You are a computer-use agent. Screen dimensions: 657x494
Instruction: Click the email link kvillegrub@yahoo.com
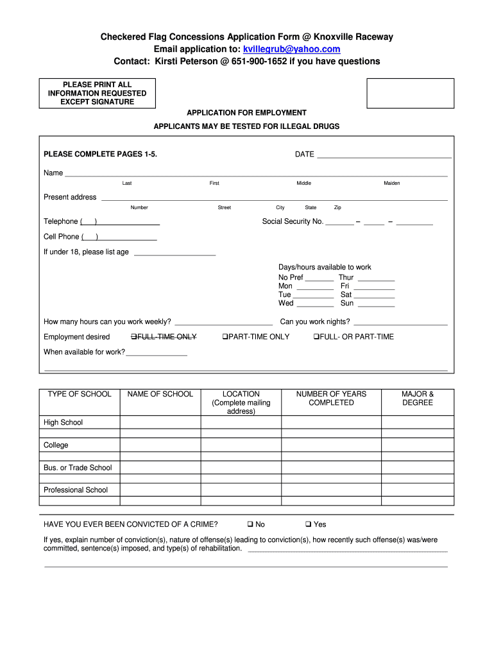click(x=291, y=49)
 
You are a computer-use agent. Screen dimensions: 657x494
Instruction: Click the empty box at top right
click(x=410, y=93)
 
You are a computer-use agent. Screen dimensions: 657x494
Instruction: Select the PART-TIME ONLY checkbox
click(x=225, y=337)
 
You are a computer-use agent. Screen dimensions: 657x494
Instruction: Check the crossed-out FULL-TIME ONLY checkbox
click(x=133, y=337)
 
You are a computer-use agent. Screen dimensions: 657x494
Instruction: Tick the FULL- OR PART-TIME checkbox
click(x=316, y=337)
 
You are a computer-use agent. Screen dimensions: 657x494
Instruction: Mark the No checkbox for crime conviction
click(x=250, y=524)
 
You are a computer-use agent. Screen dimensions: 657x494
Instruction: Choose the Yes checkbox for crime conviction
click(x=309, y=524)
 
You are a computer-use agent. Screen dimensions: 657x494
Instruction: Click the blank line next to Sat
click(x=375, y=295)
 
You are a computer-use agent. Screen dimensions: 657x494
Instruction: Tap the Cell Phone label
click(x=62, y=237)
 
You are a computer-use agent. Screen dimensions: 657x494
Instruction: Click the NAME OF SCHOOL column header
click(x=160, y=394)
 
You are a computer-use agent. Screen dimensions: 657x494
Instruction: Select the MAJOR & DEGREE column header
click(x=418, y=398)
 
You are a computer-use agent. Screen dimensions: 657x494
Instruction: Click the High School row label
click(x=63, y=422)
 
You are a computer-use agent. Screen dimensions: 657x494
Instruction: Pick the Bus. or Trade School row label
click(x=78, y=468)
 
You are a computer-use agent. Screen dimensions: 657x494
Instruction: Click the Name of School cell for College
click(x=160, y=445)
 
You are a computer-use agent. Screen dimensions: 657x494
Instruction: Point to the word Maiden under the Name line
click(x=392, y=183)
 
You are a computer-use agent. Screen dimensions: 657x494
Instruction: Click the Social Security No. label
click(x=293, y=221)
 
